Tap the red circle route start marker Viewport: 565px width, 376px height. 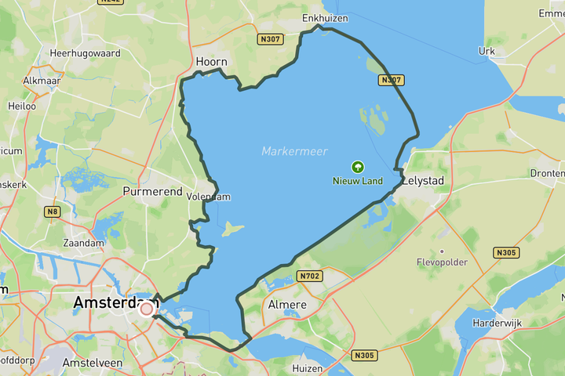[x=146, y=309]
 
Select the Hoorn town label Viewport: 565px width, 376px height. [x=211, y=62]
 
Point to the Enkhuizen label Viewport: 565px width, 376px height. [x=324, y=17]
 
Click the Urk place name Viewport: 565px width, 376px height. [x=487, y=51]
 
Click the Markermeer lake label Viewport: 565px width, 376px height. [x=294, y=151]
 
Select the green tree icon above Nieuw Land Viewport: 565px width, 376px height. [x=358, y=167]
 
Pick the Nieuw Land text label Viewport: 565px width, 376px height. [x=358, y=181]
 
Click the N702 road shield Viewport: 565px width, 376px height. [x=309, y=276]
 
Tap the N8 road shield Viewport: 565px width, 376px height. [x=53, y=211]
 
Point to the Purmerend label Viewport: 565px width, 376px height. [x=152, y=191]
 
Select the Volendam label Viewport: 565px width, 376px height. [x=208, y=197]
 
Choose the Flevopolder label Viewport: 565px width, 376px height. [x=442, y=262]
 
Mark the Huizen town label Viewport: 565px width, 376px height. [x=305, y=367]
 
